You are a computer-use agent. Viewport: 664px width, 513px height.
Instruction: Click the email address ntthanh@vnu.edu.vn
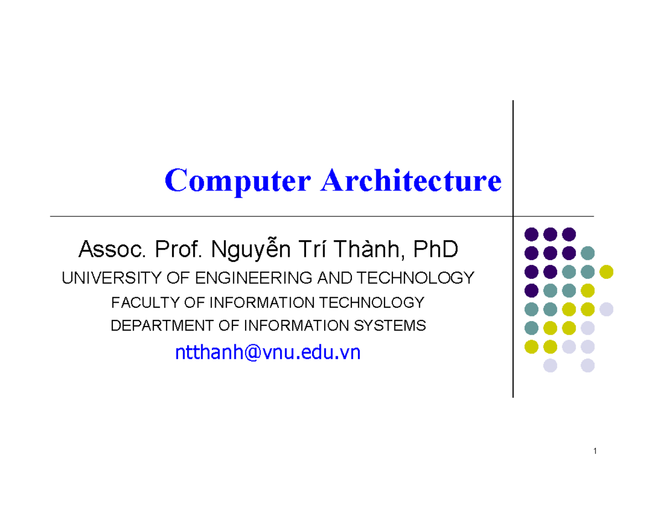[267, 352]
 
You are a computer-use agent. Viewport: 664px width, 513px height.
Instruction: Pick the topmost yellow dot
[606, 271]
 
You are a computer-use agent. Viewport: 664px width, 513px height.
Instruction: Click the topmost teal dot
[588, 252]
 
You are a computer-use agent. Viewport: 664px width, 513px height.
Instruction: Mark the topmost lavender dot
[606, 309]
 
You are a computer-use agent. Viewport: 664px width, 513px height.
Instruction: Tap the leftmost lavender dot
[550, 365]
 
